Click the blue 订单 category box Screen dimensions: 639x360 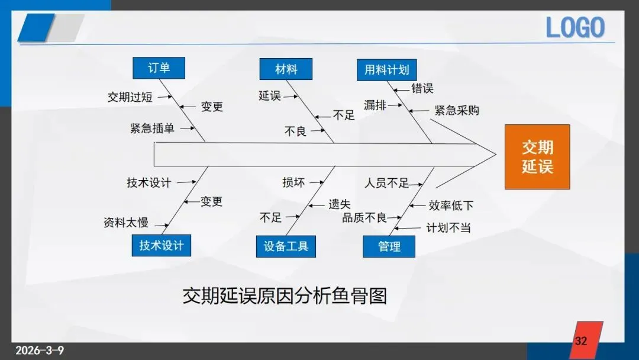[x=159, y=68]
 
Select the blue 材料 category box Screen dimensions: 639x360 [x=286, y=69]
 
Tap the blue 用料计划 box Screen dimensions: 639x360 [x=386, y=70]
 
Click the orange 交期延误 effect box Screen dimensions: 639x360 [x=537, y=157]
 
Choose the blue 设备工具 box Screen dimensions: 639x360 [x=286, y=246]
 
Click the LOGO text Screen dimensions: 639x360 [x=575, y=28]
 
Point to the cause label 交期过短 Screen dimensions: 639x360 [x=130, y=97]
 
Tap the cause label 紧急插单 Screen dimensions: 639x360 [x=153, y=128]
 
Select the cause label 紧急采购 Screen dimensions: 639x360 [x=457, y=110]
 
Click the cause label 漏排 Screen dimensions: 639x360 [x=375, y=105]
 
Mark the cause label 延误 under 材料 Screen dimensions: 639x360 [x=270, y=95]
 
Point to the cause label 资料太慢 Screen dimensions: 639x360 [x=126, y=223]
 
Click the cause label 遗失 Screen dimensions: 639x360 [x=340, y=204]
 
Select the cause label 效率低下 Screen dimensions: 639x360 [x=451, y=205]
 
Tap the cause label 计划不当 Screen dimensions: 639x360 [x=448, y=227]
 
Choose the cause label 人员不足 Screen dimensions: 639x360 [x=386, y=183]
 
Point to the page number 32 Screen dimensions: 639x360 [x=581, y=341]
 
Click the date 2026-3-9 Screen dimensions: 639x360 [x=39, y=350]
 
